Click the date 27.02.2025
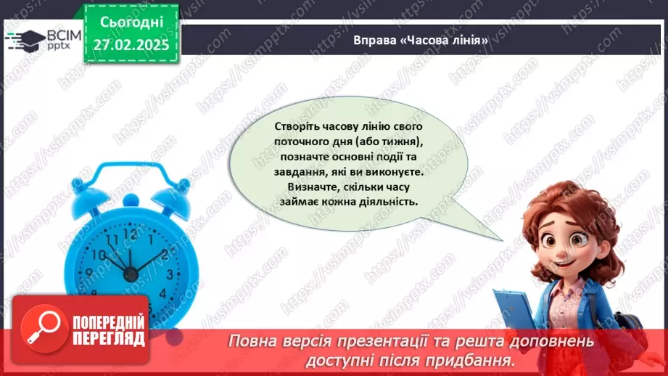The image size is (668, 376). click(130, 44)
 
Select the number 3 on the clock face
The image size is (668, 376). click(170, 274)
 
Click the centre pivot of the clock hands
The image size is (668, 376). click(131, 274)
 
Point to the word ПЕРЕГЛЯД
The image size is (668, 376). click(108, 338)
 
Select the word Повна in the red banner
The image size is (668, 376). click(252, 341)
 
